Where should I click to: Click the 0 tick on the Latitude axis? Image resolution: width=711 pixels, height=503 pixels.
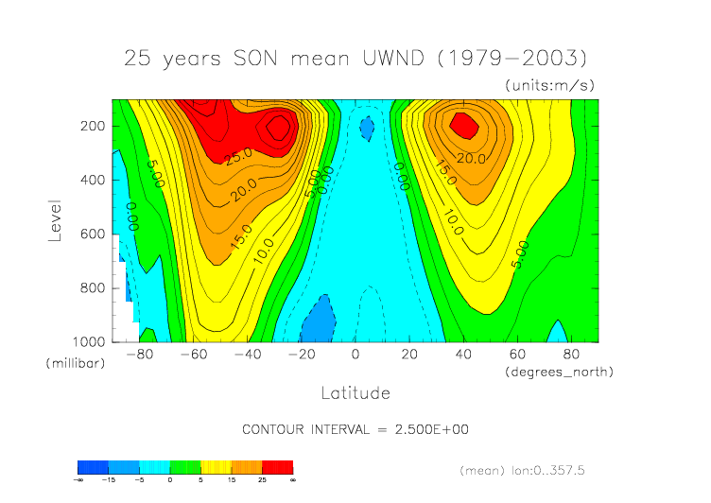tap(355, 355)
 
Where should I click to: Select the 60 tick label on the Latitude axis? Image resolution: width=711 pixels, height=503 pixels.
tap(518, 355)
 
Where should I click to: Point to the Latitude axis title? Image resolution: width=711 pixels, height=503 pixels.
tap(355, 392)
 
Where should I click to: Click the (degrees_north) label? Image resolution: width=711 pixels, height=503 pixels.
tap(561, 372)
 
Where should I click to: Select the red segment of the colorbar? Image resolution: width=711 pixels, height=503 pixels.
tap(277, 467)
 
